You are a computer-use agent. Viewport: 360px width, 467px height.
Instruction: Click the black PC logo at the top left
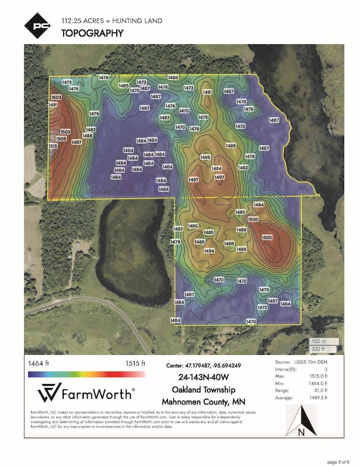[36, 25]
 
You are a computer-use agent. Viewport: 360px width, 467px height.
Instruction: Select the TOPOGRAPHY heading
[91, 33]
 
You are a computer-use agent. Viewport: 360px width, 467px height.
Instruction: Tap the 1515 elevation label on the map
[53, 146]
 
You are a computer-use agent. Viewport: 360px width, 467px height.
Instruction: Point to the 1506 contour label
[61, 139]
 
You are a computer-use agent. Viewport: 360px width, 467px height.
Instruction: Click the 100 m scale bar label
[318, 341]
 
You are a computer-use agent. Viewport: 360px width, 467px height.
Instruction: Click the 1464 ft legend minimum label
[39, 364]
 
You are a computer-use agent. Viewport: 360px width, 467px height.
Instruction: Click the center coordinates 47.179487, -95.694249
[203, 366]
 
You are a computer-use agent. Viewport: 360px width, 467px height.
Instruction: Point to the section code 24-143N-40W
[203, 377]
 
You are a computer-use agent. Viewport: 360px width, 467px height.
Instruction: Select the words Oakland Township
[203, 390]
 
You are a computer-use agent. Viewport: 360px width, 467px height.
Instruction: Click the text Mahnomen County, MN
[203, 401]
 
